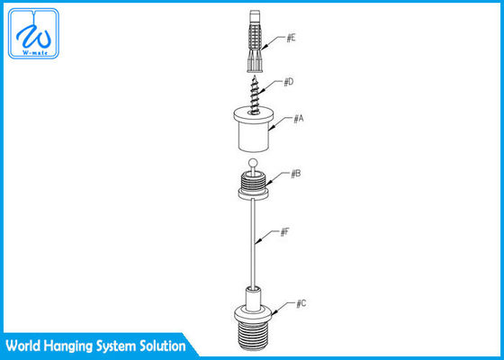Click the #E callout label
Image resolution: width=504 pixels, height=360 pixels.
click(292, 39)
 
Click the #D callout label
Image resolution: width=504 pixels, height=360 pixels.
click(288, 82)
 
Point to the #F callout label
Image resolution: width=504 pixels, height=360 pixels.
click(283, 232)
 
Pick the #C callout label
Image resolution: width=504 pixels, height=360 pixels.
click(301, 305)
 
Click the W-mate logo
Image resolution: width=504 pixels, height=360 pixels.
click(32, 36)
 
